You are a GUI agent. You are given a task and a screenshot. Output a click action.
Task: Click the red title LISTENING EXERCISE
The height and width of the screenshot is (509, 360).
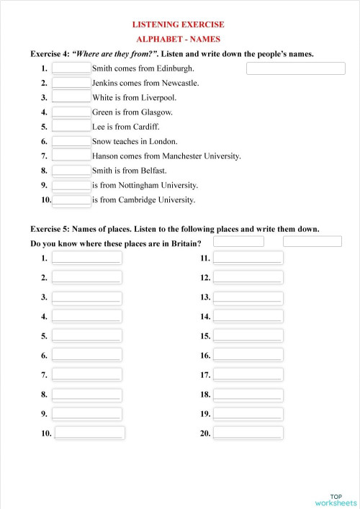pos(179,24)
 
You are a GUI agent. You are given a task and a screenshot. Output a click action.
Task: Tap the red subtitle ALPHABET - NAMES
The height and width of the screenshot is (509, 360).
pos(179,39)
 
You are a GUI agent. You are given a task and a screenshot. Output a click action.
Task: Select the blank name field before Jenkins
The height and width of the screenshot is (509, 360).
pos(71,83)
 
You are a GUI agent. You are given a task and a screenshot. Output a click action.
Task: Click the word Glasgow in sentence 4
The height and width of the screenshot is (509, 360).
pos(156,112)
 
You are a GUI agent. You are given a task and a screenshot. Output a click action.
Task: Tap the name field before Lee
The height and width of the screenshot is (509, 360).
pos(71,127)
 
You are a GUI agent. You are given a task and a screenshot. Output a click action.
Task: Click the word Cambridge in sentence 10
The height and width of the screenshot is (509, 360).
pos(148,200)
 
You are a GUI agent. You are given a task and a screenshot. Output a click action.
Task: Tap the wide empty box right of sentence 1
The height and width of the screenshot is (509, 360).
pos(296,68)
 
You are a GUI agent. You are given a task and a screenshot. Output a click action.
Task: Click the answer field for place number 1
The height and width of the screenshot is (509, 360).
pos(87,258)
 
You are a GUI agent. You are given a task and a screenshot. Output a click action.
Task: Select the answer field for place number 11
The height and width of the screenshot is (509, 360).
pos(248,258)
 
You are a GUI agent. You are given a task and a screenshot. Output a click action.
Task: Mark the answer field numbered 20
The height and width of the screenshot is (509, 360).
pos(248,433)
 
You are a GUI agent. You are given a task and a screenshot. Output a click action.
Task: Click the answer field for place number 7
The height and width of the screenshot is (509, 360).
pos(87,374)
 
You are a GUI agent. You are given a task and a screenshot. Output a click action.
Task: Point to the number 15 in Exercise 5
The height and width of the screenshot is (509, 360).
pos(205,336)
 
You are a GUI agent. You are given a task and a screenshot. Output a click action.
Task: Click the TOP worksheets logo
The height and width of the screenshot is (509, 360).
pos(335,500)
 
